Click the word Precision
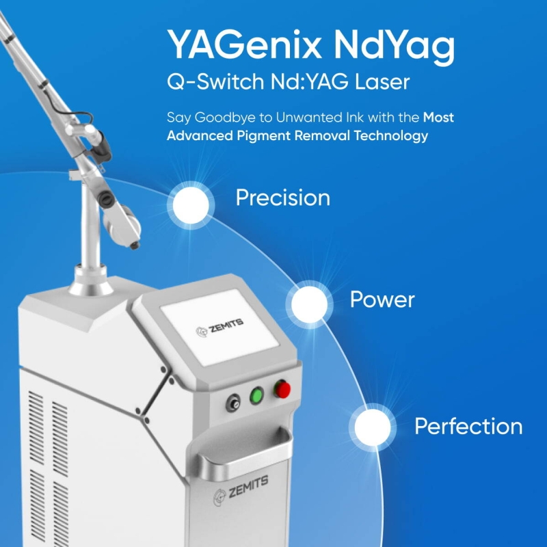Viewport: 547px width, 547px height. point(283,198)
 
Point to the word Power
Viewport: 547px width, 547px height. point(382,299)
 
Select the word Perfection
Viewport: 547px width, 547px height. point(468,427)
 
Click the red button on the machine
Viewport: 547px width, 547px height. point(282,390)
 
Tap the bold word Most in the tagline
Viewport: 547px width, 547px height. point(438,117)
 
